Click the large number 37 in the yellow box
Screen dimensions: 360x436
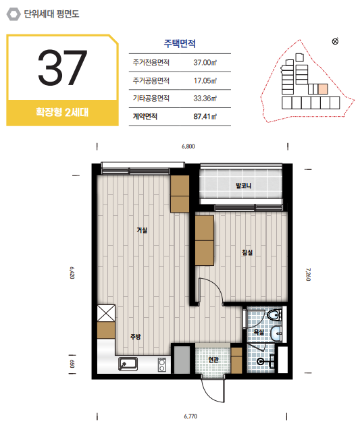[63, 67]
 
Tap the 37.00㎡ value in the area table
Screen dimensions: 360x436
[205, 63]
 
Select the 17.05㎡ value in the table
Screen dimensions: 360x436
[205, 80]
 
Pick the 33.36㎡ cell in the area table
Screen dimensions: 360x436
[205, 99]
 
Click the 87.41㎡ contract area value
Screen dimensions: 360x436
[205, 117]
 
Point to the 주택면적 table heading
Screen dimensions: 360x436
[180, 43]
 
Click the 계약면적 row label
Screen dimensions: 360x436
[145, 117]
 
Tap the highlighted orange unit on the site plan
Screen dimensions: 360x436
[323, 89]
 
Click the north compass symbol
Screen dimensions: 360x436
[335, 41]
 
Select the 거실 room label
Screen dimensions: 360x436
[142, 230]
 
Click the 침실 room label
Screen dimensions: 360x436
[247, 252]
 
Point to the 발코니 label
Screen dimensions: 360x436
[243, 186]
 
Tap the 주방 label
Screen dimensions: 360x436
[136, 337]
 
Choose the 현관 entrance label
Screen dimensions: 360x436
[213, 360]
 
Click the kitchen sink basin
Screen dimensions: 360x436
[128, 364]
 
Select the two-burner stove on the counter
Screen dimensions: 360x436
[162, 365]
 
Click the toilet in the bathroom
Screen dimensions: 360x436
[275, 315]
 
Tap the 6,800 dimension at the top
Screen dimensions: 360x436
[188, 146]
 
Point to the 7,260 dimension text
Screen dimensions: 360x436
[308, 275]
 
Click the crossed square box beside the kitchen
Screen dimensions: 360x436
[106, 313]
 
